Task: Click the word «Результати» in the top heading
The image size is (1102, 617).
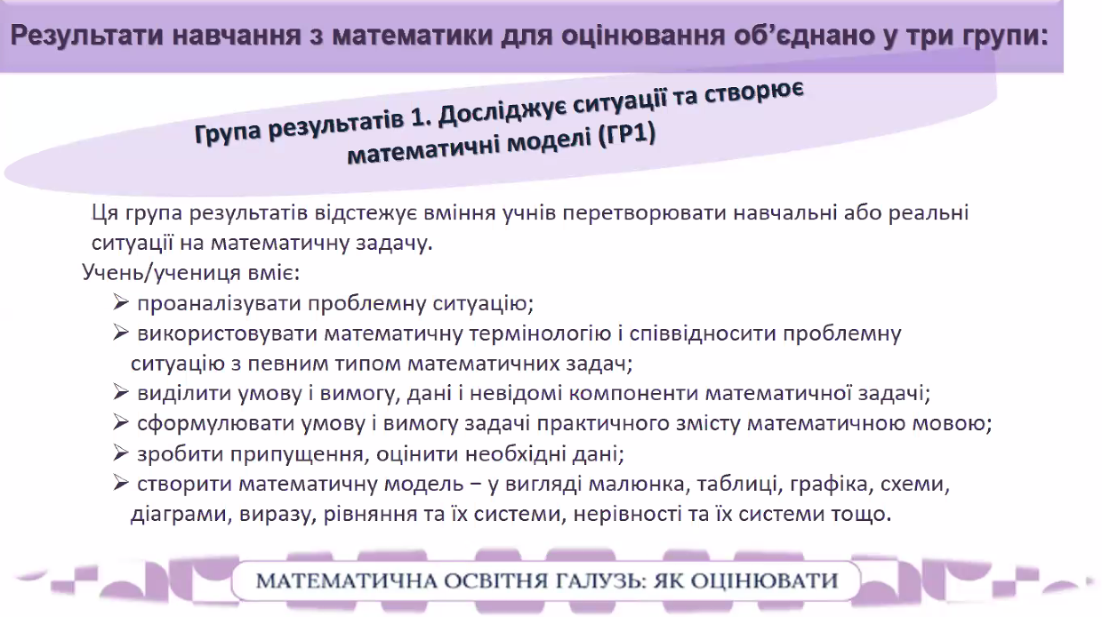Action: click(x=86, y=36)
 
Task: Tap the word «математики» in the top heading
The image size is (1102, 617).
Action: click(x=413, y=36)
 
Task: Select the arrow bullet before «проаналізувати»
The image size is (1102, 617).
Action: click(x=121, y=302)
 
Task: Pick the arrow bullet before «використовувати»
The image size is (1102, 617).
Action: click(x=121, y=333)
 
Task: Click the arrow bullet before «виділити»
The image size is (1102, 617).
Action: click(x=121, y=392)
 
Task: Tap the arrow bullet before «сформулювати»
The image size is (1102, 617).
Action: click(x=121, y=422)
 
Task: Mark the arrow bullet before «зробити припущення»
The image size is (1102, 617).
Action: click(x=121, y=453)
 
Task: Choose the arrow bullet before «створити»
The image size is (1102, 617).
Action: click(x=121, y=483)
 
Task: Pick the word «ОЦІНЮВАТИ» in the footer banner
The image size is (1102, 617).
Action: click(x=763, y=581)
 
